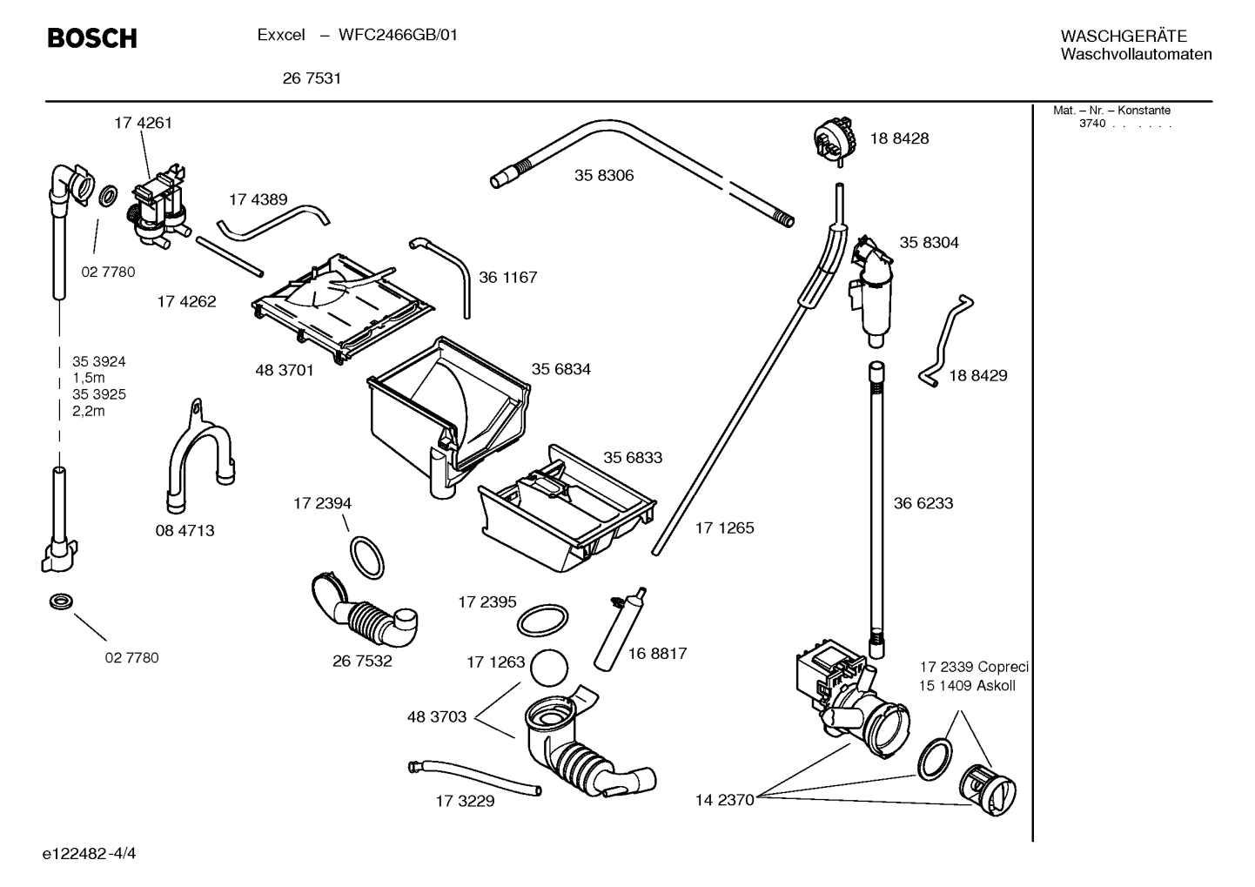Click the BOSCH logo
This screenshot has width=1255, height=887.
pyautogui.click(x=91, y=37)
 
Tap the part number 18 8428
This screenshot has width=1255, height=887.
pyautogui.click(x=899, y=138)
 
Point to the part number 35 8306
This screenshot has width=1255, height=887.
pyautogui.click(x=604, y=175)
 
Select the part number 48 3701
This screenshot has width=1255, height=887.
pyautogui.click(x=284, y=370)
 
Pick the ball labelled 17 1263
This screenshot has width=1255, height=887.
pyautogui.click(x=549, y=669)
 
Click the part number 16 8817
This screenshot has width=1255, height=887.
pyautogui.click(x=657, y=653)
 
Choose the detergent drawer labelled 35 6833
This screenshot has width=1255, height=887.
pyautogui.click(x=566, y=509)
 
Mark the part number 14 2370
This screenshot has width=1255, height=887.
pyautogui.click(x=724, y=800)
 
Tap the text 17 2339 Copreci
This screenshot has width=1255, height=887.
pyautogui.click(x=974, y=667)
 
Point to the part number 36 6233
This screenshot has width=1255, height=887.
pyautogui.click(x=923, y=503)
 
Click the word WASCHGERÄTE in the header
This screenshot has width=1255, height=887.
pyautogui.click(x=1123, y=36)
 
